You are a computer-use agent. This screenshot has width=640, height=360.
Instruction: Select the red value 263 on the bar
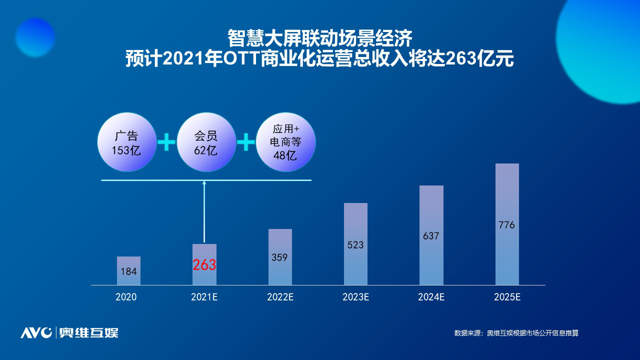point(204,265)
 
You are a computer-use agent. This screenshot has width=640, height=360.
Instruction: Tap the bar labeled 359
point(280,257)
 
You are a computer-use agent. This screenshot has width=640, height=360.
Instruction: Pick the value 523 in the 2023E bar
point(355,245)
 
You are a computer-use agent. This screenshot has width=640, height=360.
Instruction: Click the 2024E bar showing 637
point(431,235)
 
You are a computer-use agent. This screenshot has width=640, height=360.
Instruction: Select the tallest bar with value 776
point(507,224)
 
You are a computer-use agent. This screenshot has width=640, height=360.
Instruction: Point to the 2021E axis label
point(204,297)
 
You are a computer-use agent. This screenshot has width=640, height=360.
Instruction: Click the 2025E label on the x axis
point(507,297)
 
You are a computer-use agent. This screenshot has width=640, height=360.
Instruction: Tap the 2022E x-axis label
point(280,297)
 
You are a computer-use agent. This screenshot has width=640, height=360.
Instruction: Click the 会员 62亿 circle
point(206,142)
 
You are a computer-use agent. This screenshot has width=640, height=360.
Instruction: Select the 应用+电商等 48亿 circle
point(285,142)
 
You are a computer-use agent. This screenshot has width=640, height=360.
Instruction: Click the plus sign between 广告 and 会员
point(166,143)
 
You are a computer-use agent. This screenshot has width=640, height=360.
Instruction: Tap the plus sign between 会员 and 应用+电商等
point(246,143)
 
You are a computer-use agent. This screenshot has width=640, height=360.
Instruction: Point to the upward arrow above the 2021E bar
point(204,210)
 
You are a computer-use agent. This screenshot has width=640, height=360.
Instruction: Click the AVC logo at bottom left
point(36,332)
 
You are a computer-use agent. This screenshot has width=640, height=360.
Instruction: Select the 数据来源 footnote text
point(516,333)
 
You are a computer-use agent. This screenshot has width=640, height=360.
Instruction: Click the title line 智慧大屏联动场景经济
point(320,38)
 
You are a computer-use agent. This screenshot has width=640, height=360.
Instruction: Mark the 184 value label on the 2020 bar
point(128,271)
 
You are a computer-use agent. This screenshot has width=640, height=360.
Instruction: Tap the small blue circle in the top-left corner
point(34,37)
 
